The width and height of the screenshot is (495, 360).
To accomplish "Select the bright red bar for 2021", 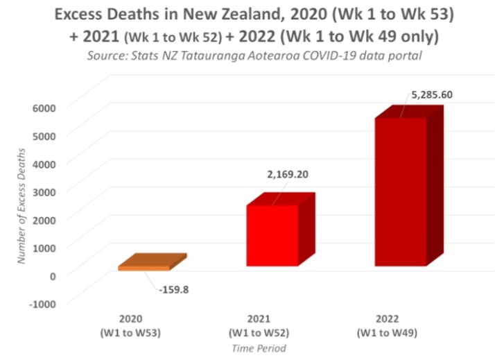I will [x=272, y=236].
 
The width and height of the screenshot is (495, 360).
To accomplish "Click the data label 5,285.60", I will [x=432, y=95].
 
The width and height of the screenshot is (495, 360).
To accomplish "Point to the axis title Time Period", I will [x=260, y=348].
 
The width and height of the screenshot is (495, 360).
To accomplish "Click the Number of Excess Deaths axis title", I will [x=22, y=205].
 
